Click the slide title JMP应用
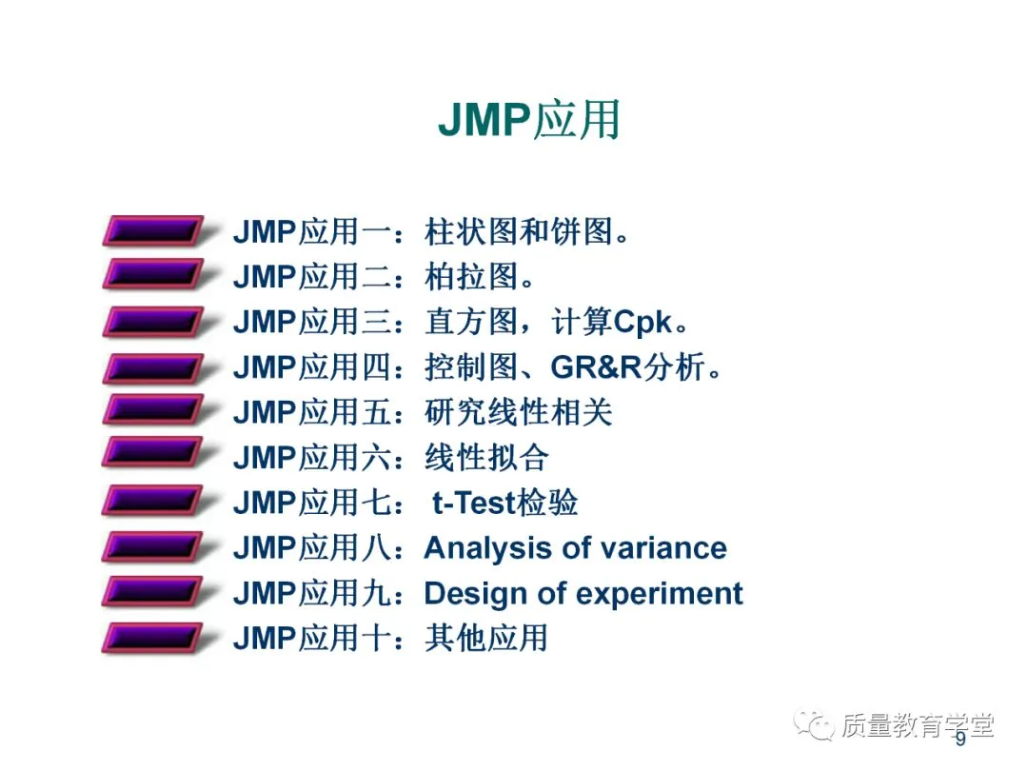pos(528,121)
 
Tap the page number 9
pos(960,740)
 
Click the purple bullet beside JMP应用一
pos(152,231)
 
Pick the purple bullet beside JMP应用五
pos(152,412)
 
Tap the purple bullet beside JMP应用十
pos(152,638)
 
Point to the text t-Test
pos(473,503)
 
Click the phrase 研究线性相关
pos(518,412)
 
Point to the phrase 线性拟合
pos(486,458)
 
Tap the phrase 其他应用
pos(486,638)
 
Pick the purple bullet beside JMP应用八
pos(152,548)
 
